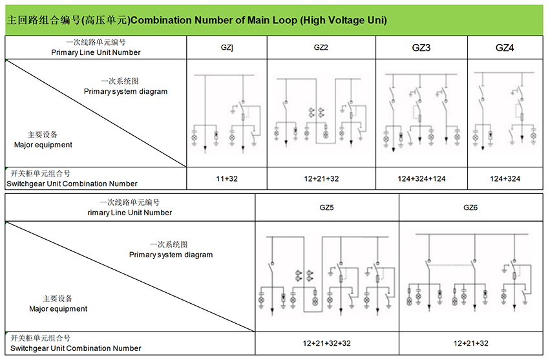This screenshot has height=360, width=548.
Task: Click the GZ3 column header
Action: (x=421, y=48)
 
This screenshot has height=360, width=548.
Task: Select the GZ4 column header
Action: (x=505, y=48)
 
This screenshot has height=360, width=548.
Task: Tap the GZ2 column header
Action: (x=321, y=48)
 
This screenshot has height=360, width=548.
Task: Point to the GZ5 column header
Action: (x=327, y=207)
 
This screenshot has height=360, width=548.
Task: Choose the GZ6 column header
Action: (x=470, y=207)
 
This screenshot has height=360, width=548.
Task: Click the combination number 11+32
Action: (x=227, y=178)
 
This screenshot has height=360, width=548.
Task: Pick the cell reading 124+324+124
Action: (x=421, y=178)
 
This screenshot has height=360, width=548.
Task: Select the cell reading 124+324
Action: (x=505, y=178)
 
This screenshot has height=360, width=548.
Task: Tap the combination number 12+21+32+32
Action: (x=327, y=343)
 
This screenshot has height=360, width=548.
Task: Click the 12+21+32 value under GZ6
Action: (x=470, y=343)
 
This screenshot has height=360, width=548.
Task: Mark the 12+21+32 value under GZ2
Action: (x=321, y=178)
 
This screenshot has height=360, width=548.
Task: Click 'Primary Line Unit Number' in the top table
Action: (x=96, y=52)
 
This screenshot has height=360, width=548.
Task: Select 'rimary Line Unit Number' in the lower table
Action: (x=130, y=213)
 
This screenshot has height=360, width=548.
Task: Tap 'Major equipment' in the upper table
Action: (x=43, y=145)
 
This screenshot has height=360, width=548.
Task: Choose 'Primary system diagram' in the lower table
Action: (x=171, y=255)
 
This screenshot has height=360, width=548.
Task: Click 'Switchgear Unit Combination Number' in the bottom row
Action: (x=76, y=348)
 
